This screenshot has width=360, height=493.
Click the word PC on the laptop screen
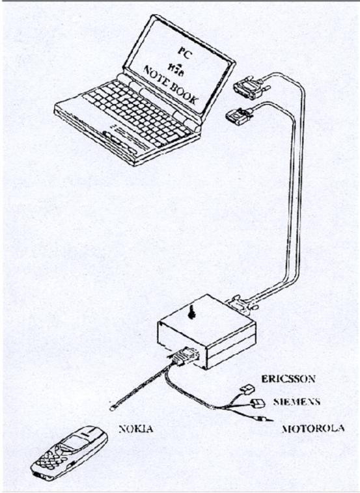tap(184, 53)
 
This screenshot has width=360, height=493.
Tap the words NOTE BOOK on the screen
tap(171, 85)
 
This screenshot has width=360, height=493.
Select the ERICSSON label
tap(288, 379)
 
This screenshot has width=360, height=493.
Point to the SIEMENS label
tap(297, 402)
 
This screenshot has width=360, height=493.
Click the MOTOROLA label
tap(312, 429)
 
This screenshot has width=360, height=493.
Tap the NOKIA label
tap(136, 429)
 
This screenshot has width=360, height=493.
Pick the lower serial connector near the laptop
tap(239, 115)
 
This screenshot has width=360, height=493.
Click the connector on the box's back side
tap(242, 304)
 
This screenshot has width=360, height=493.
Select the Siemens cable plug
tap(257, 403)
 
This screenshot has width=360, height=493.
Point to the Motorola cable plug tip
tap(268, 420)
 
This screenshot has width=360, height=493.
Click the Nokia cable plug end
tap(113, 408)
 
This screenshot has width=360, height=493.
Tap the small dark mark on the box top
tap(191, 312)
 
